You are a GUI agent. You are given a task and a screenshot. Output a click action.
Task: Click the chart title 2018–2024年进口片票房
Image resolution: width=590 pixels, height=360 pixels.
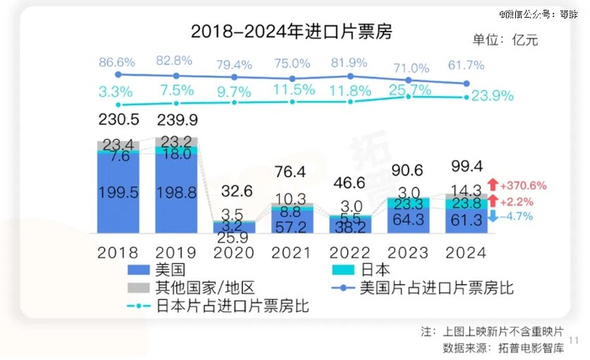click(x=291, y=33)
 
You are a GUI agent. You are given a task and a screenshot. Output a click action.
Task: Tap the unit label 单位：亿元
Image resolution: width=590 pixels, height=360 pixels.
click(x=505, y=39)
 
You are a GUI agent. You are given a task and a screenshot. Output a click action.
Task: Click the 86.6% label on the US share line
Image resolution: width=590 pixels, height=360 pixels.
click(x=117, y=62)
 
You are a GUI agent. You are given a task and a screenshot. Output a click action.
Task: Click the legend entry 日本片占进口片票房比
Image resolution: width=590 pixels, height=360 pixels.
click(x=233, y=306)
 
